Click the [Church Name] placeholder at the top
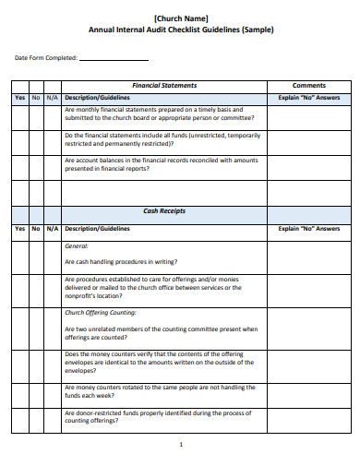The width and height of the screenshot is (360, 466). pos(181,18)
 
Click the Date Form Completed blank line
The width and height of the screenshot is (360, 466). pos(115,61)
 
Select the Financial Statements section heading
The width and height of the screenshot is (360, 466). pos(164,85)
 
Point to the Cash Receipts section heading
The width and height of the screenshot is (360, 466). pos(164,211)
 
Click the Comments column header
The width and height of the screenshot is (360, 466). pos(308,85)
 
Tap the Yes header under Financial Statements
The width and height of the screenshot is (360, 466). pos(19,97)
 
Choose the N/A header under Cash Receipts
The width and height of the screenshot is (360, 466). pos(52,229)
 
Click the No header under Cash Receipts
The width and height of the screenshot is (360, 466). pos(36,229)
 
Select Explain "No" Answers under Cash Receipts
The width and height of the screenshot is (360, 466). pos(308,229)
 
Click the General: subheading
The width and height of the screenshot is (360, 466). pos(77,246)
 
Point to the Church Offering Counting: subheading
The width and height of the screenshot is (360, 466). pos(105,313)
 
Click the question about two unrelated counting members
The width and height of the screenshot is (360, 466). pos(161,333)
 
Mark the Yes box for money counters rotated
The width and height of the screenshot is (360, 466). pos(19,392)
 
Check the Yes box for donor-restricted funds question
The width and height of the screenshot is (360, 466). pos(19,416)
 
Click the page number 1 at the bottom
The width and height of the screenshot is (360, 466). pos(181,445)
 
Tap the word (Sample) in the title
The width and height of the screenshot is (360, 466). pos(258,29)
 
